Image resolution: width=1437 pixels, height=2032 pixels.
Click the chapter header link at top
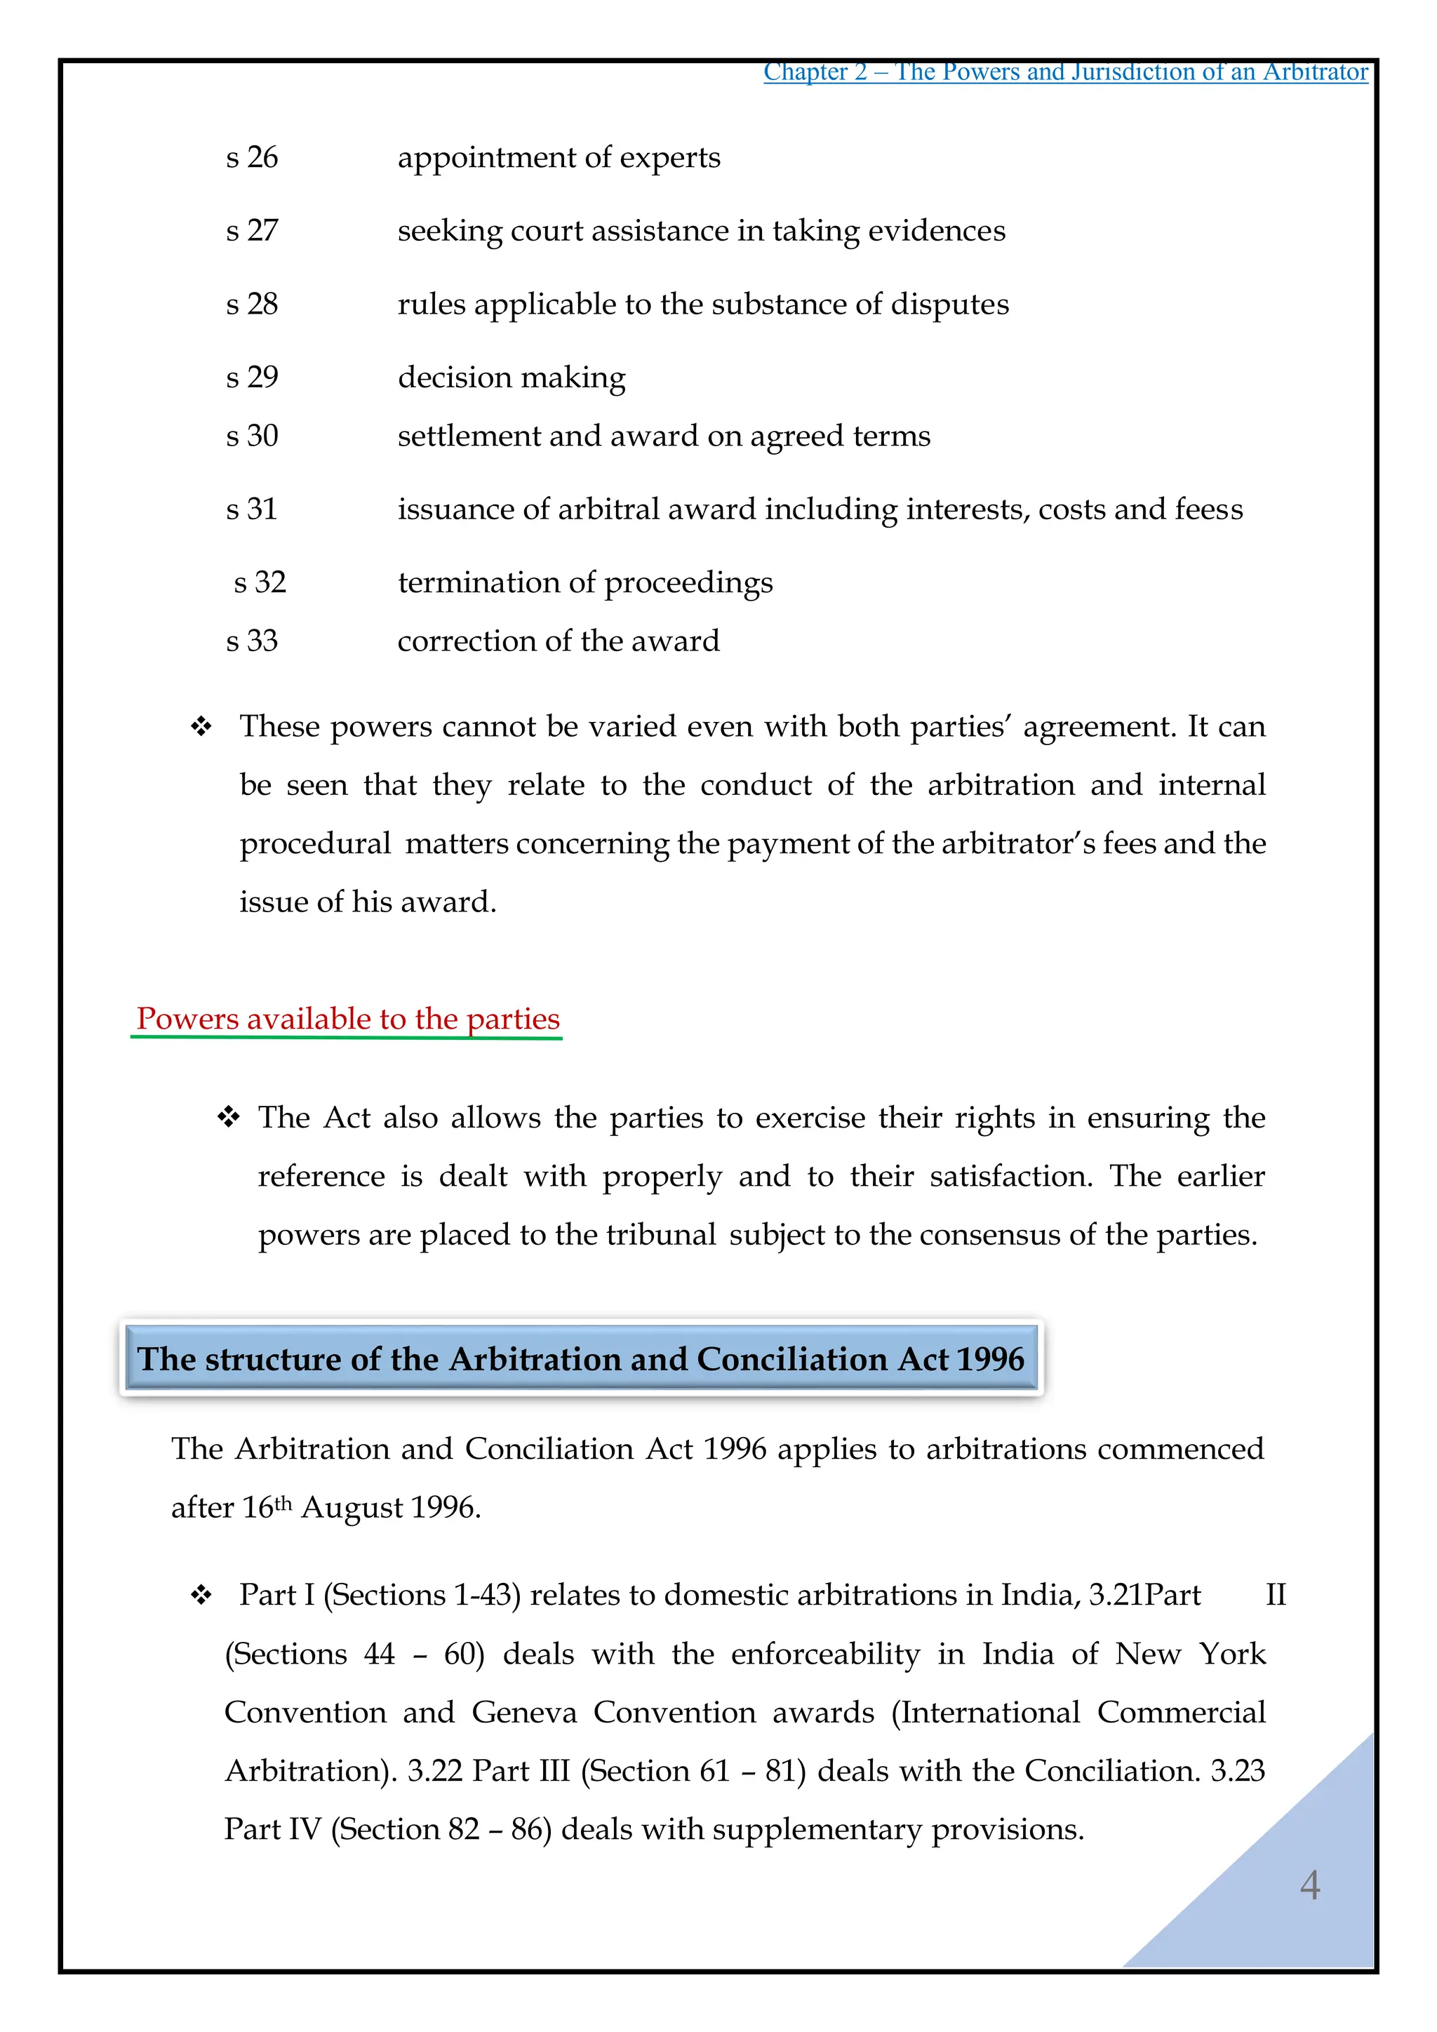coord(1065,72)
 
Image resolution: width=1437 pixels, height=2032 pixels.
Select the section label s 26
coord(251,158)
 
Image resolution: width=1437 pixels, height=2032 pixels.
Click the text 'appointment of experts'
coord(559,158)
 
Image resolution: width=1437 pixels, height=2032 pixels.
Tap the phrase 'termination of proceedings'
coord(585,582)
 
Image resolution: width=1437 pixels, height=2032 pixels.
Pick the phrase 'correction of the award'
coord(559,641)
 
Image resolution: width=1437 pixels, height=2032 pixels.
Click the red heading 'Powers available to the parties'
coord(348,1019)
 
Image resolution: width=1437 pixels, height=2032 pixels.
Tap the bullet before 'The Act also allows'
coord(228,1118)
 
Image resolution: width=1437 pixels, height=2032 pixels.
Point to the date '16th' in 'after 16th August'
coord(267,1506)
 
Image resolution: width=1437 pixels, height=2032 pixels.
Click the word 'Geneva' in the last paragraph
coord(524,1713)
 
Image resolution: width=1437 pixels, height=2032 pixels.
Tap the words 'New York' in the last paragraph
coord(1190,1654)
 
